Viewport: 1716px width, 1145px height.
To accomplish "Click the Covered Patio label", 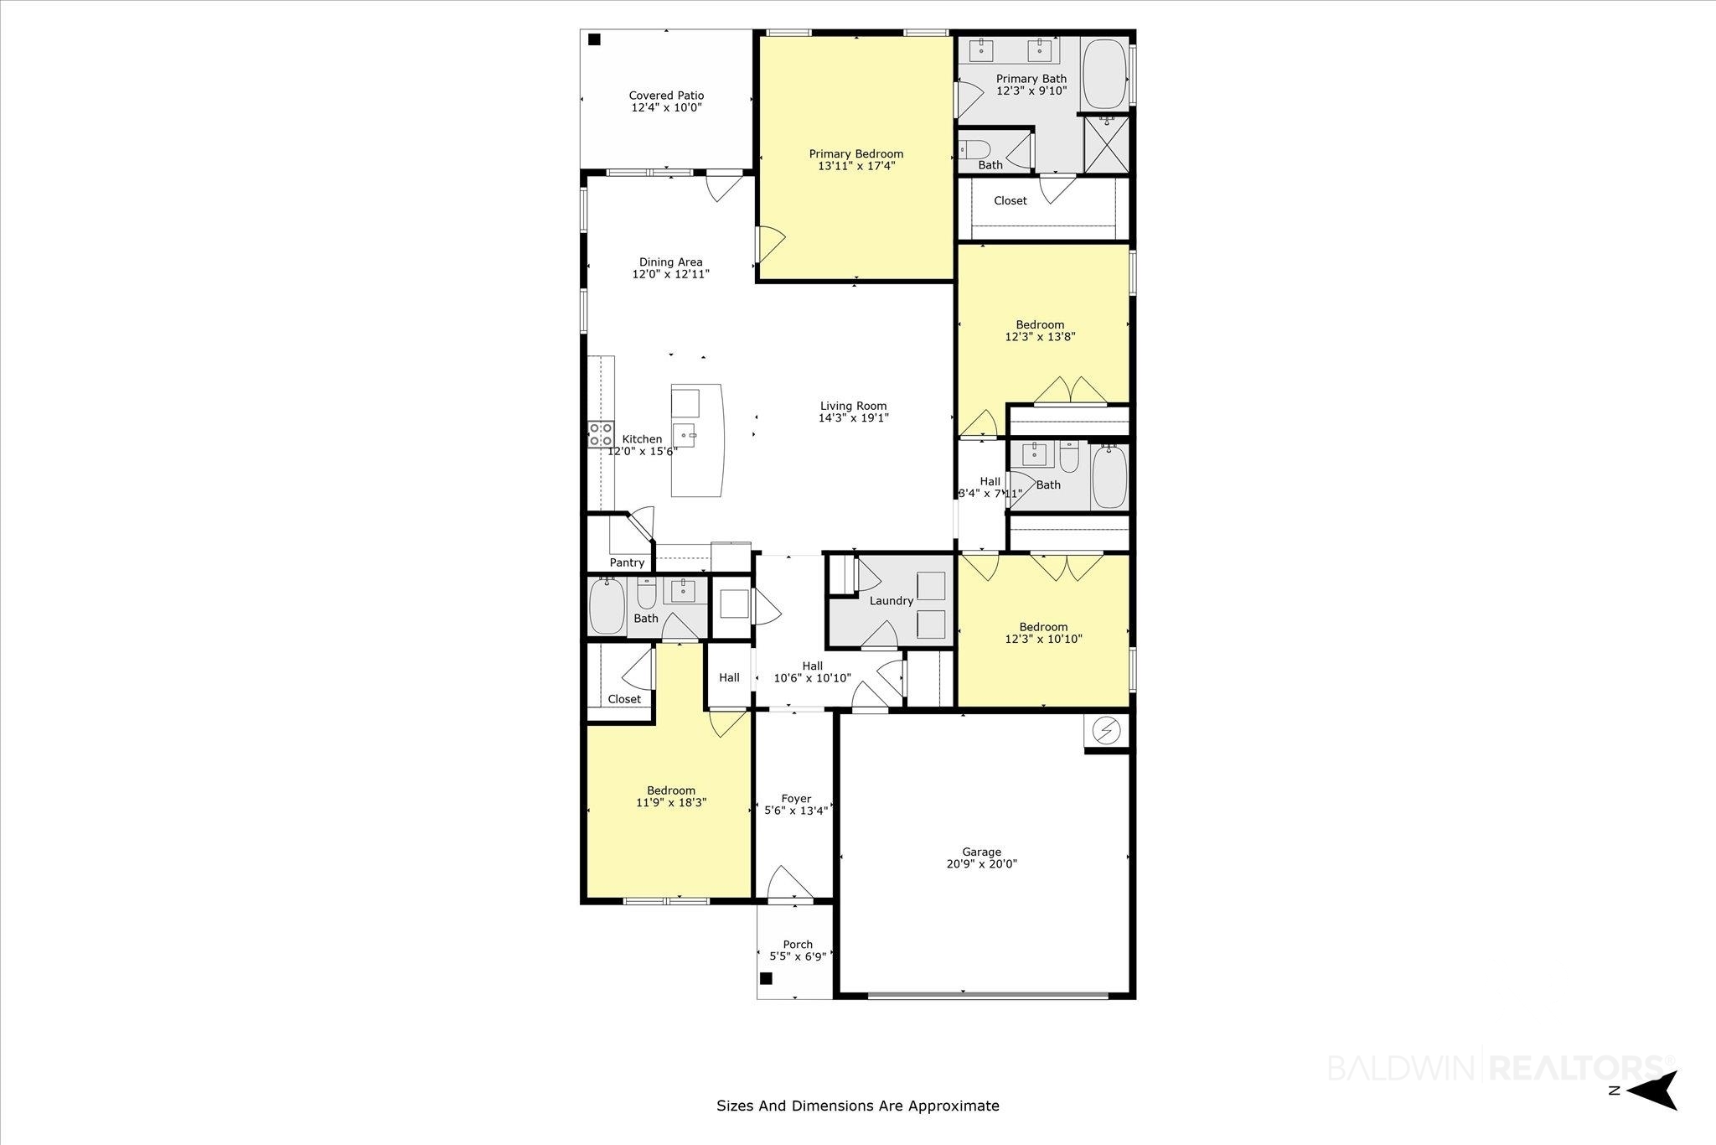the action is (666, 96).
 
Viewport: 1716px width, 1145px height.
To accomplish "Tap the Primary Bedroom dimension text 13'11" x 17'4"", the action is (856, 166).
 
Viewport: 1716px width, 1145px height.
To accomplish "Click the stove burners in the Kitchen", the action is (600, 434).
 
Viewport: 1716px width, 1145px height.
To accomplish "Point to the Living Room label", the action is (853, 406).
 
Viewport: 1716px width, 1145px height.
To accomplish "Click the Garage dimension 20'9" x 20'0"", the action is (981, 864).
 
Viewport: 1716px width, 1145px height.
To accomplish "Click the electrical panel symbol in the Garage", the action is (1107, 732).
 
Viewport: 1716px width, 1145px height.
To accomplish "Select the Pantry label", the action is (627, 562).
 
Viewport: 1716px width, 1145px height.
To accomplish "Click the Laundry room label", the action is (891, 601).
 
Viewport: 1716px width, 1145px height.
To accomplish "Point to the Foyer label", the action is (796, 799).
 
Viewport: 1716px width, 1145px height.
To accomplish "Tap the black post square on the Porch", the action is (766, 978).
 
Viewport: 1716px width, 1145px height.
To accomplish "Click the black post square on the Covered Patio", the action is (594, 39).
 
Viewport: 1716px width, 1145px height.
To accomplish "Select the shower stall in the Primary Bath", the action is (1106, 144).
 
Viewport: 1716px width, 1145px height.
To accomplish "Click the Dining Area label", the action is (670, 262).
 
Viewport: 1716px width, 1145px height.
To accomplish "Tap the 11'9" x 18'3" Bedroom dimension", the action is (671, 802).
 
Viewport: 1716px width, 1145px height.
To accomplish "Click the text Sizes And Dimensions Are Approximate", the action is (858, 1106).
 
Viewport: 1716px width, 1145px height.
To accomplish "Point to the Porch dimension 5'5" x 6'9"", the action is (798, 956).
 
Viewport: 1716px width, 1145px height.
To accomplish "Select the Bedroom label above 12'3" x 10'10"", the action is (1043, 627).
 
